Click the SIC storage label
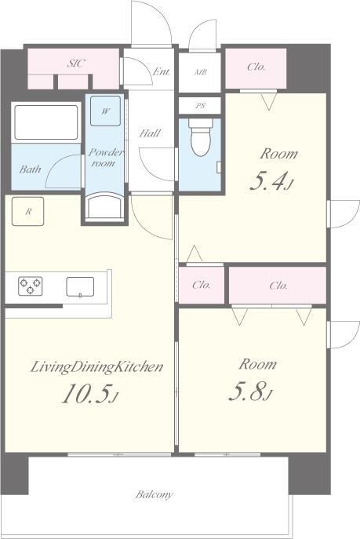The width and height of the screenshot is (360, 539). (76, 64)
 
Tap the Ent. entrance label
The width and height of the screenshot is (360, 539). (161, 71)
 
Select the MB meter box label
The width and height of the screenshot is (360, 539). (201, 72)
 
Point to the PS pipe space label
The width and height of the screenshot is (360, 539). (200, 106)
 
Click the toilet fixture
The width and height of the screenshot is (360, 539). (201, 137)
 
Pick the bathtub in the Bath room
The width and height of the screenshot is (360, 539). (46, 122)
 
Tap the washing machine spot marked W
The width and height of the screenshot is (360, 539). (105, 111)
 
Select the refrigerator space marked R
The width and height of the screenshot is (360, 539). (27, 211)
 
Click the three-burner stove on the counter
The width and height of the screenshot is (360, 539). (31, 286)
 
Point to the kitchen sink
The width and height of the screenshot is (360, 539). (80, 286)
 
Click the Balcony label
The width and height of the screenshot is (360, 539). (154, 494)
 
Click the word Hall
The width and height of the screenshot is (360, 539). (150, 133)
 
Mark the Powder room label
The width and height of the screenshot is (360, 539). (105, 158)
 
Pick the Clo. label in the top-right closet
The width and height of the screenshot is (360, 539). (256, 67)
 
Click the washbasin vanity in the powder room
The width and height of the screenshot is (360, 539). (105, 207)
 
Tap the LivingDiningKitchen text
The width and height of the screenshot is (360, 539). (96, 367)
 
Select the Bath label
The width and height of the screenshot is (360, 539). (31, 169)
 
